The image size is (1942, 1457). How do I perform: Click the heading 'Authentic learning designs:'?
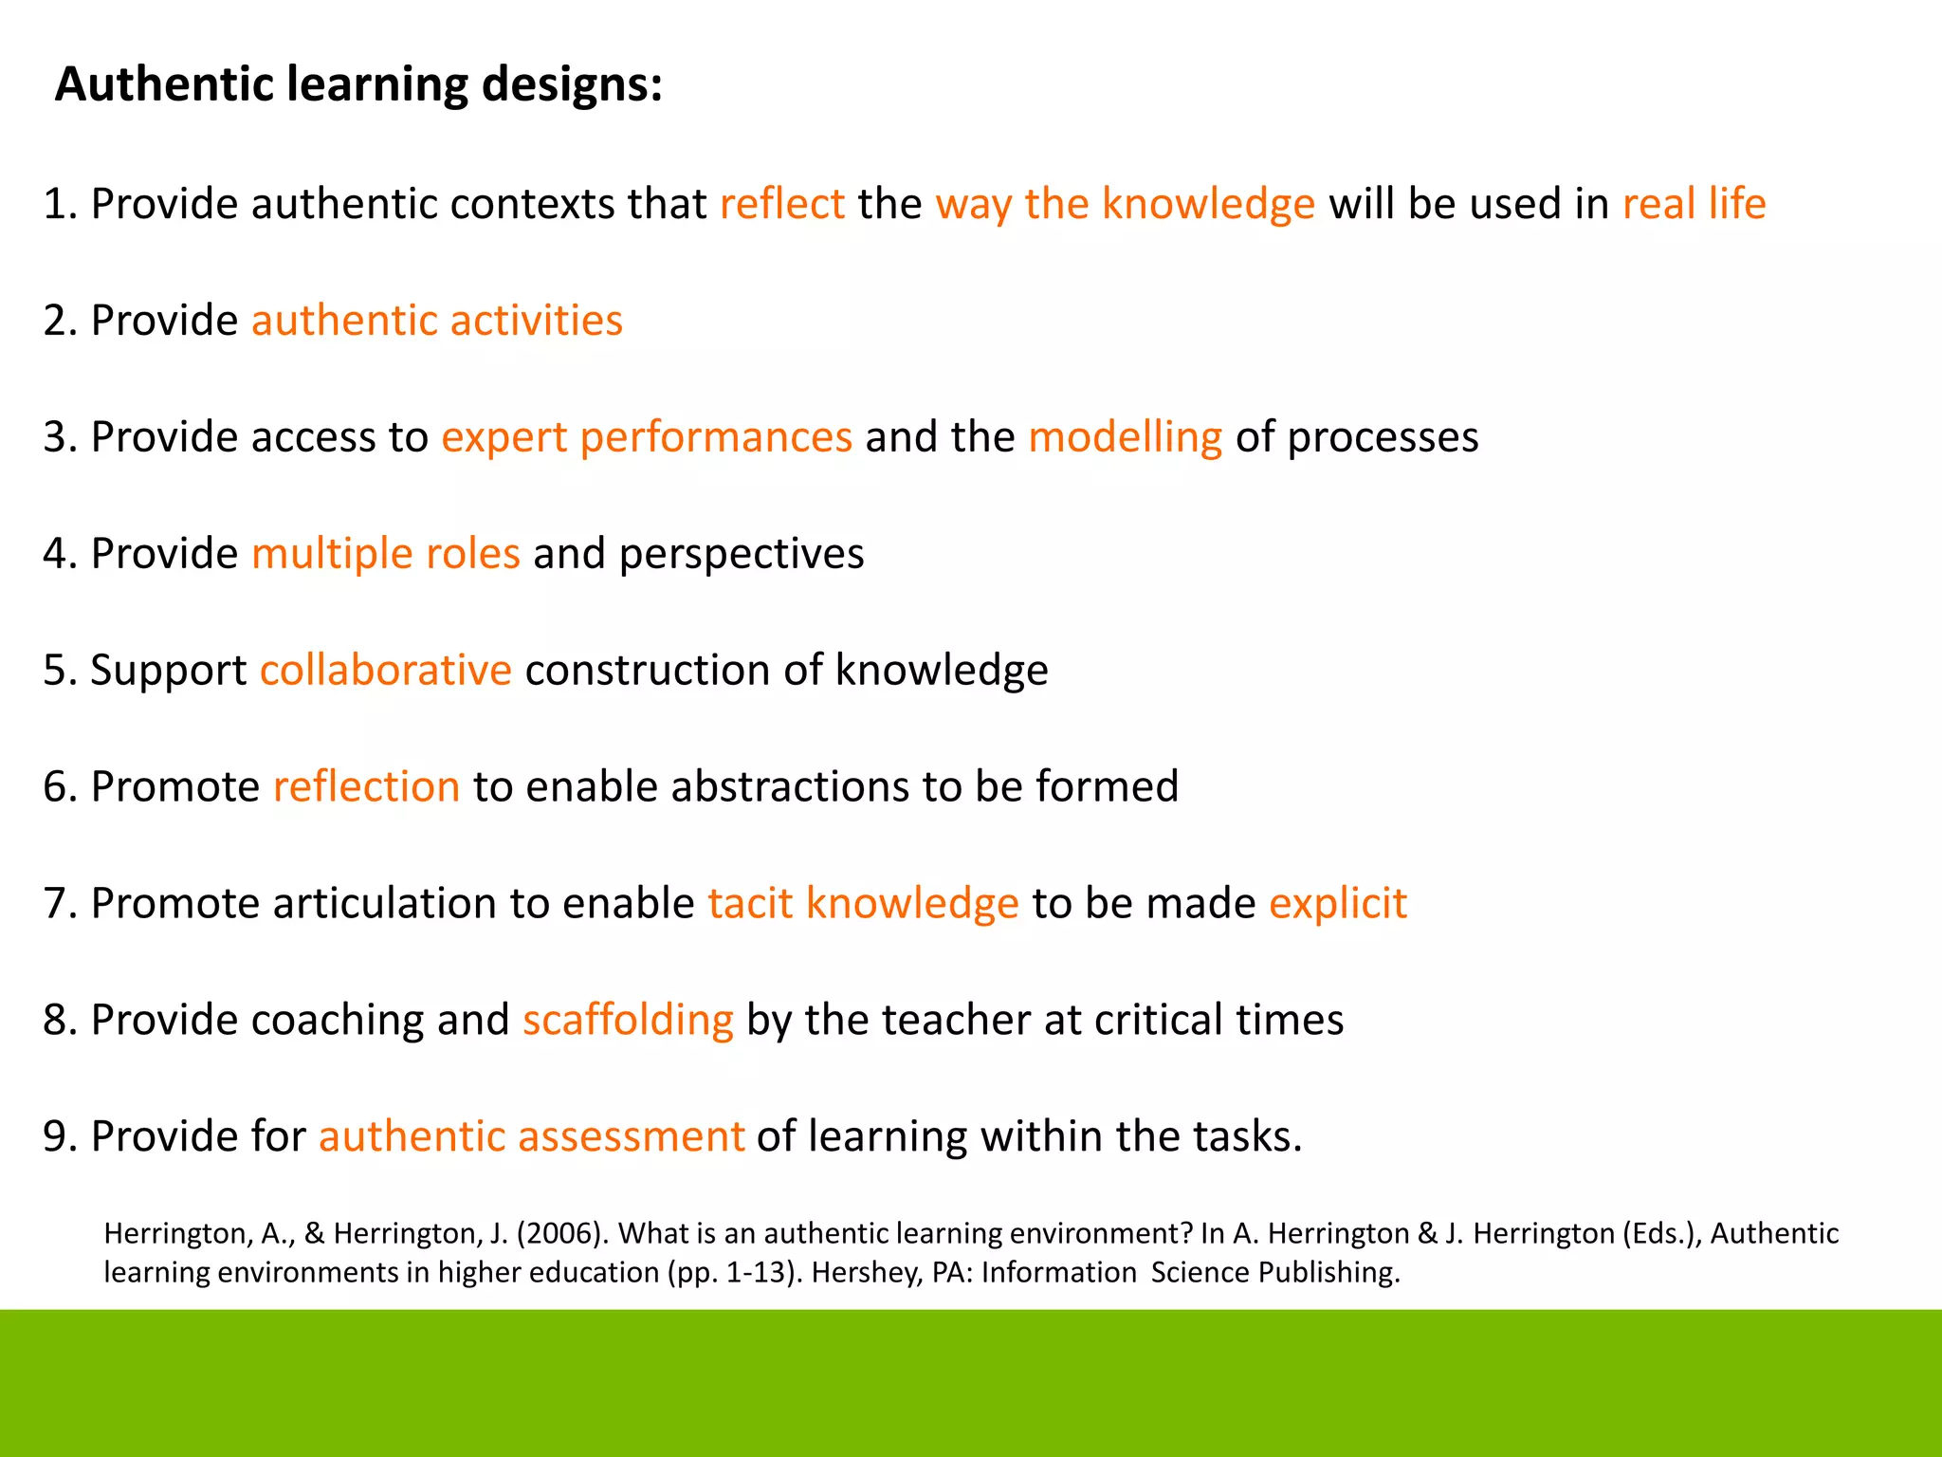(358, 84)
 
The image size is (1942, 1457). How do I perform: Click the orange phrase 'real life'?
(1694, 204)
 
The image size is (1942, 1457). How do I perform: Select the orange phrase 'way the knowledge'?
(1125, 204)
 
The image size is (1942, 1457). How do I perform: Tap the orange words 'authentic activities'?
(437, 321)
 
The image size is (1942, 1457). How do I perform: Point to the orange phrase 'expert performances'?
(647, 437)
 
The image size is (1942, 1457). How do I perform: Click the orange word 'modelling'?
(1126, 437)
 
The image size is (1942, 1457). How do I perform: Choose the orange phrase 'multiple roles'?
(386, 554)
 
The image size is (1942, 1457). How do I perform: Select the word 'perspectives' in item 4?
(742, 554)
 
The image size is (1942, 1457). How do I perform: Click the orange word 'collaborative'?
(386, 671)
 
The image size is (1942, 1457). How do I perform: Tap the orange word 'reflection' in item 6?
(367, 786)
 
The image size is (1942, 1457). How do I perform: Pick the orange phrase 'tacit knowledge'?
(863, 903)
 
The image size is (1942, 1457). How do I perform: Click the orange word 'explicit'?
(1338, 903)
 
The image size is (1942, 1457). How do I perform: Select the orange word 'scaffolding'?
(628, 1020)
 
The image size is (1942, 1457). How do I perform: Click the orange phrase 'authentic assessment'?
(531, 1136)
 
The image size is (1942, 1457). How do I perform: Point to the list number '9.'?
(60, 1136)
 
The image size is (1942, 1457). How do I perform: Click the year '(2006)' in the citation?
(562, 1233)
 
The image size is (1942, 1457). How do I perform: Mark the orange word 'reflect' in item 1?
(782, 204)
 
